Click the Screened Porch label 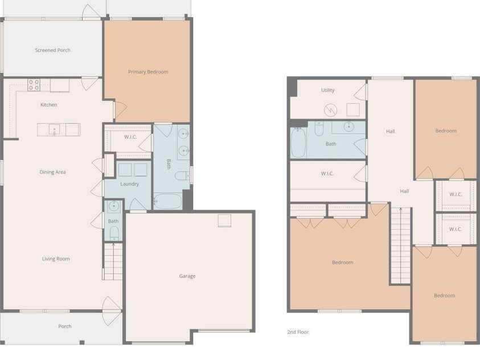pyautogui.click(x=52, y=50)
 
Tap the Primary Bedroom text pyautogui.click(x=148, y=72)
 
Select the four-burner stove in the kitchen pyautogui.click(x=34, y=85)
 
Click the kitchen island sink pyautogui.click(x=55, y=129)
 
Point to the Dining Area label pyautogui.click(x=52, y=172)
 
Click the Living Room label pyautogui.click(x=56, y=259)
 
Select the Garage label pyautogui.click(x=187, y=276)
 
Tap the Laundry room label pyautogui.click(x=129, y=184)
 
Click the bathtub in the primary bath pyautogui.click(x=167, y=201)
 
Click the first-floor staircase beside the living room pyautogui.click(x=112, y=261)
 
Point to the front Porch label pyautogui.click(x=65, y=326)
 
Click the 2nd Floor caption pyautogui.click(x=298, y=332)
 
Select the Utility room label pyautogui.click(x=328, y=90)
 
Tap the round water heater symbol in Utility pyautogui.click(x=331, y=110)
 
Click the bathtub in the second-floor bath pyautogui.click(x=298, y=142)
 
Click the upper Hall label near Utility pyautogui.click(x=390, y=132)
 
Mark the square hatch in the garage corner pyautogui.click(x=225, y=220)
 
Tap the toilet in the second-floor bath pyautogui.click(x=319, y=129)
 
